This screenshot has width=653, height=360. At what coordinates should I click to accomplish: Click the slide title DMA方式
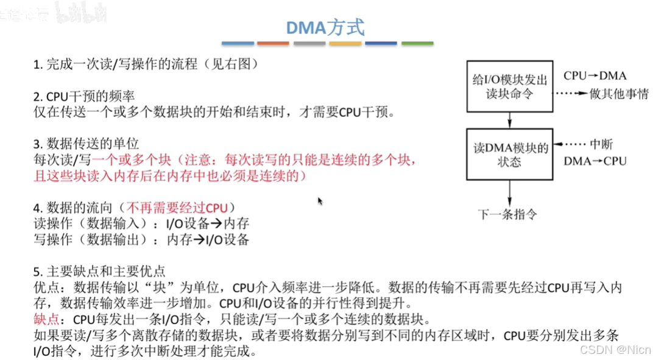326,27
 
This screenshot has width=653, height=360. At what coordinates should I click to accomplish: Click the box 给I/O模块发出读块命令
510,86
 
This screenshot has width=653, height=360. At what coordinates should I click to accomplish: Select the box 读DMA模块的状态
510,155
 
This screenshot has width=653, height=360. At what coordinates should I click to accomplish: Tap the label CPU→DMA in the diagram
595,76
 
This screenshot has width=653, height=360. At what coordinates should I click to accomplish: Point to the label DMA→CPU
595,161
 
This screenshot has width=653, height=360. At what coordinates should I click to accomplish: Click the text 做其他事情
619,94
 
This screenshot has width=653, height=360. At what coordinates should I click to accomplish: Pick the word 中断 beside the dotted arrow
601,145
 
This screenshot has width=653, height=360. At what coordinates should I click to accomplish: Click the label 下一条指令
507,214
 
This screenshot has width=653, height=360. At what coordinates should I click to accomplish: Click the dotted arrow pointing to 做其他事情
570,94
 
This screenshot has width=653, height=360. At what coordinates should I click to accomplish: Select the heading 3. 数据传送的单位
86,144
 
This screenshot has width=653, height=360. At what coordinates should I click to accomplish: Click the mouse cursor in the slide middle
320,200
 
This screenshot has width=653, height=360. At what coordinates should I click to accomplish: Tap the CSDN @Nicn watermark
615,349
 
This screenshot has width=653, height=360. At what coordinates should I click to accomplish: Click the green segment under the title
417,44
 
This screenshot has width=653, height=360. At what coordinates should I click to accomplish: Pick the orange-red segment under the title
273,44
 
